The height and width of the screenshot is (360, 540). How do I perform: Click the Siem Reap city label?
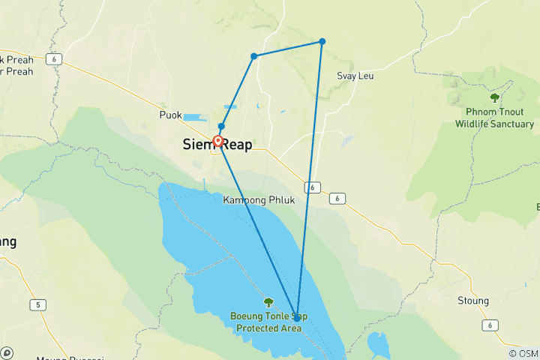pyautogui.click(x=217, y=145)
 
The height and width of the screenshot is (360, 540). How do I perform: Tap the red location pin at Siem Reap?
pyautogui.click(x=218, y=141)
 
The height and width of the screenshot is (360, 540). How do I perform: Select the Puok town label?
pyautogui.click(x=170, y=115)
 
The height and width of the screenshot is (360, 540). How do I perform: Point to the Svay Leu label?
pyautogui.click(x=355, y=76)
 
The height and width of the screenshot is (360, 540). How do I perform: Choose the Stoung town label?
pyautogui.click(x=472, y=301)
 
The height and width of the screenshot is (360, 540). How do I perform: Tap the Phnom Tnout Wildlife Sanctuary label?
pyautogui.click(x=494, y=118)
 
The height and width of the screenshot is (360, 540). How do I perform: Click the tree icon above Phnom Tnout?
pyautogui.click(x=494, y=97)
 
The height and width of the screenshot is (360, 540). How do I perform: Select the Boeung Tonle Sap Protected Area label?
pyautogui.click(x=268, y=323)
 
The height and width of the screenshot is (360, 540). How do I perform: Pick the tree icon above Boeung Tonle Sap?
pyautogui.click(x=268, y=302)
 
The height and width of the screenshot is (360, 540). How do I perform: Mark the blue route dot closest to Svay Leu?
pyautogui.click(x=322, y=41)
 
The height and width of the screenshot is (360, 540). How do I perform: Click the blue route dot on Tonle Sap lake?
pyautogui.click(x=298, y=317)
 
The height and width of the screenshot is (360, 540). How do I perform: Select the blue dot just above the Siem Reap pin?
pyautogui.click(x=221, y=126)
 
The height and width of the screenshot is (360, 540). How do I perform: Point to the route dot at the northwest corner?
pyautogui.click(x=254, y=56)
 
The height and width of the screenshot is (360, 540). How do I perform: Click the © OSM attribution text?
pyautogui.click(x=523, y=353)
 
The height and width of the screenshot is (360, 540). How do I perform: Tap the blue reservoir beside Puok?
pyautogui.click(x=192, y=118)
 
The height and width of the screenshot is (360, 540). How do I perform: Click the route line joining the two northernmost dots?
pyautogui.click(x=288, y=49)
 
